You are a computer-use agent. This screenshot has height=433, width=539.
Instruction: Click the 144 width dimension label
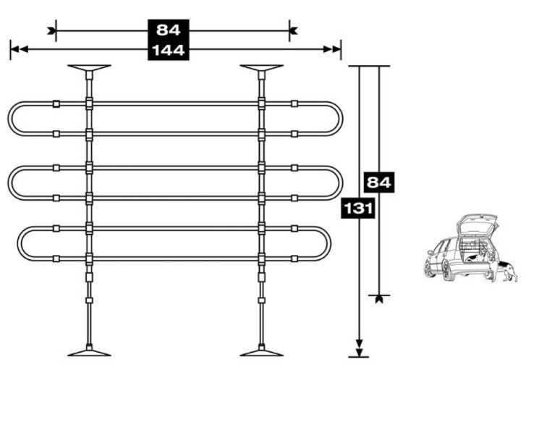tap(169, 51)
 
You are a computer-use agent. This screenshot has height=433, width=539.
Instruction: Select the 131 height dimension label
tap(358, 209)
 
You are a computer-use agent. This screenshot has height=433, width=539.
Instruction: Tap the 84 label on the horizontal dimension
tap(169, 30)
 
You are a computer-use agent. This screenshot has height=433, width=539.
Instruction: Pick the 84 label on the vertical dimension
tap(379, 182)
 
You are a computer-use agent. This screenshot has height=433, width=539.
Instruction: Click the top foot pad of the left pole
tap(90, 68)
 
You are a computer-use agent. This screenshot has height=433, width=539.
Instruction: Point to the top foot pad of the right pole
tap(262, 68)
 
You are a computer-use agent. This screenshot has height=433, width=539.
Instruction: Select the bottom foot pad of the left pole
tap(90, 353)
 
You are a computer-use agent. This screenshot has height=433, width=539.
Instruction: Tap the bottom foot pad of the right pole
tap(262, 353)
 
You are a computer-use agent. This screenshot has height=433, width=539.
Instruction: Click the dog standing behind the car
tap(507, 270)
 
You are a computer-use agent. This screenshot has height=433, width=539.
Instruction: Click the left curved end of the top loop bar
tap(9, 119)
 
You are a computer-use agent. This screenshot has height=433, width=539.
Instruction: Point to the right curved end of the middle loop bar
tap(341, 183)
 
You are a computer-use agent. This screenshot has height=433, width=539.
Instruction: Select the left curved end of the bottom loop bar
tap(19, 243)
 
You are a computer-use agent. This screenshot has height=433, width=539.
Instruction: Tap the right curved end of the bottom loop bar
tap(329, 243)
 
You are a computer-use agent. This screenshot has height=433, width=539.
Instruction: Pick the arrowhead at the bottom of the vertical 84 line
tap(379, 299)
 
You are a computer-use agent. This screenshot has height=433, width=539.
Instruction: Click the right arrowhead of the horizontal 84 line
tap(293, 30)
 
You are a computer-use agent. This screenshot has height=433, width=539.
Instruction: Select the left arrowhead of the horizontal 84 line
tap(51, 30)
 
